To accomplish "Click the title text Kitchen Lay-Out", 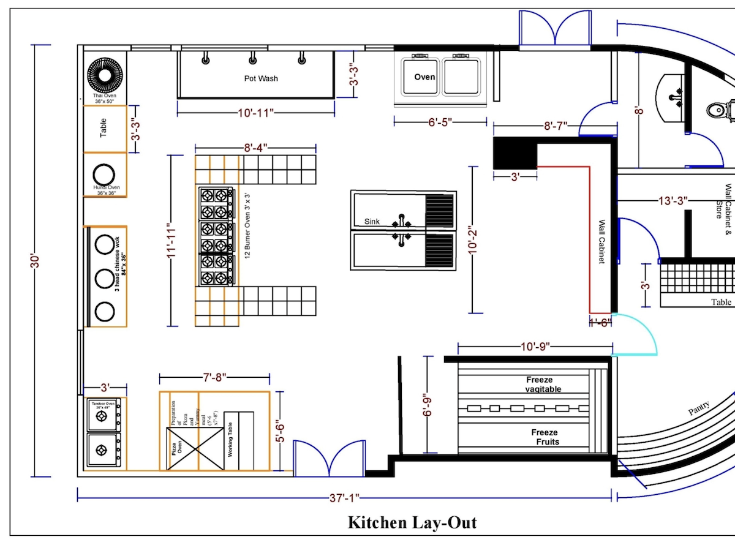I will (x=412, y=522).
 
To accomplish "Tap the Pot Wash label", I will (x=261, y=78).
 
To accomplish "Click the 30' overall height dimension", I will (x=35, y=261).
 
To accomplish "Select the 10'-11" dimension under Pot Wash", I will (x=256, y=113).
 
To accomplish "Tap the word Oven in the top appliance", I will (x=424, y=77).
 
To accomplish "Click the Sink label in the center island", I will (x=373, y=221).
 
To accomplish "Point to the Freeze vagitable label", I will (x=543, y=385).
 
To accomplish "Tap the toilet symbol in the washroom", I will (x=717, y=110).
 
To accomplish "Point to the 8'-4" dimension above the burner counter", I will (x=256, y=148).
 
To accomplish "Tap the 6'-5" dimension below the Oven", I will (x=440, y=122).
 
